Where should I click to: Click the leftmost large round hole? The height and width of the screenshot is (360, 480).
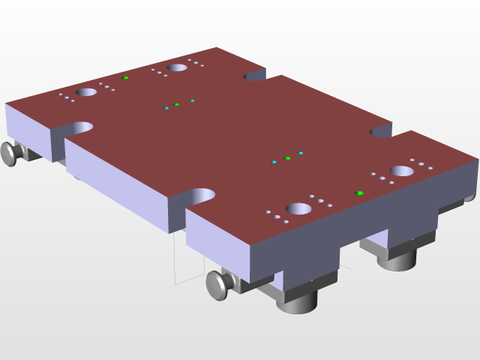pyautogui.click(x=86, y=92)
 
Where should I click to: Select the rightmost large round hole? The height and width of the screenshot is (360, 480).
pyautogui.click(x=402, y=171)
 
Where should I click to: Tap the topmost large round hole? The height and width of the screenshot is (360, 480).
pyautogui.click(x=177, y=67)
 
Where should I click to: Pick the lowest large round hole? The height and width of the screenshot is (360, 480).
pyautogui.click(x=298, y=208)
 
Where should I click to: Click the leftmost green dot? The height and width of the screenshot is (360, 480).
pyautogui.click(x=126, y=78)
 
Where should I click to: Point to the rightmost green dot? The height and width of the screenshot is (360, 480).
pyautogui.click(x=360, y=193)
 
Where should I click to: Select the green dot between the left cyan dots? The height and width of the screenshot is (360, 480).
pyautogui.click(x=176, y=104)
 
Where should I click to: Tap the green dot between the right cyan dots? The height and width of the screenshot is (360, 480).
pyautogui.click(x=287, y=158)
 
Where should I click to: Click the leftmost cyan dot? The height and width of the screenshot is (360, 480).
pyautogui.click(x=166, y=108)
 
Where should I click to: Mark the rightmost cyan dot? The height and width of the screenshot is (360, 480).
pyautogui.click(x=301, y=153)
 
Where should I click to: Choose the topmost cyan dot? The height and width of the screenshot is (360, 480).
pyautogui.click(x=193, y=100)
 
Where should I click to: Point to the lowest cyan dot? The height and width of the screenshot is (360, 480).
pyautogui.click(x=274, y=162)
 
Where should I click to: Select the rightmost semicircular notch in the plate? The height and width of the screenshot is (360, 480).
pyautogui.click(x=381, y=133)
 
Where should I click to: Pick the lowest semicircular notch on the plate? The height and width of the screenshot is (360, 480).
pyautogui.click(x=201, y=196)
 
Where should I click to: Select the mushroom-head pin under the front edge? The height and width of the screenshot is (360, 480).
pyautogui.click(x=218, y=284)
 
